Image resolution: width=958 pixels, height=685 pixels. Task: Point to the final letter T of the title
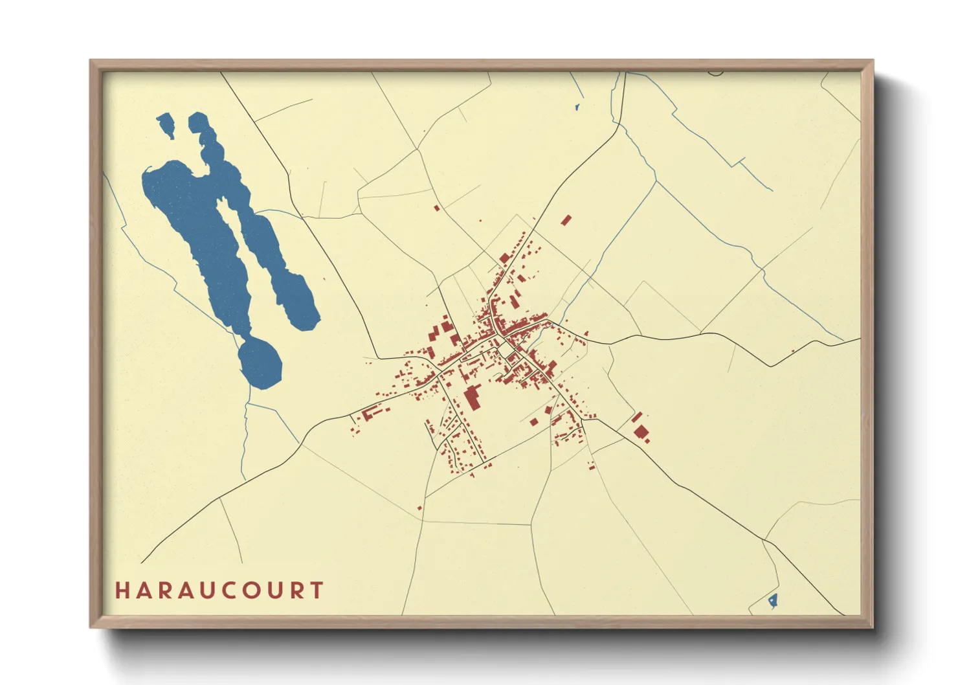coord(317,590)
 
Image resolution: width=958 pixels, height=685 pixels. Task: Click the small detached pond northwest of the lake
coord(166,124)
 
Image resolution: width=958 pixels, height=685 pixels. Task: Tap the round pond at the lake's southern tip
coord(261,364)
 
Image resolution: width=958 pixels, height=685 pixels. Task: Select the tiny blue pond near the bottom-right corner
coord(772,601)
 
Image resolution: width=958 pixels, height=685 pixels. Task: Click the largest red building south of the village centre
coord(472,398)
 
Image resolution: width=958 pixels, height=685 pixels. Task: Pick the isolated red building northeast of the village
coord(566,220)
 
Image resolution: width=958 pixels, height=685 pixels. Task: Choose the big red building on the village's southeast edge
coord(640,432)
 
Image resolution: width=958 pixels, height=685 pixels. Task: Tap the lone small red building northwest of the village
coord(437,208)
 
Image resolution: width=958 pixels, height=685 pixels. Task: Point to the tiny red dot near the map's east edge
coord(793,352)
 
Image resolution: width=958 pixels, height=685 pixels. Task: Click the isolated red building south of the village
coord(419,508)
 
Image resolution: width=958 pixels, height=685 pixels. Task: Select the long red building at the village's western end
coord(371,412)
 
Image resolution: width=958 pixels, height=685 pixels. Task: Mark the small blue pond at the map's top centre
coord(576,107)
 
